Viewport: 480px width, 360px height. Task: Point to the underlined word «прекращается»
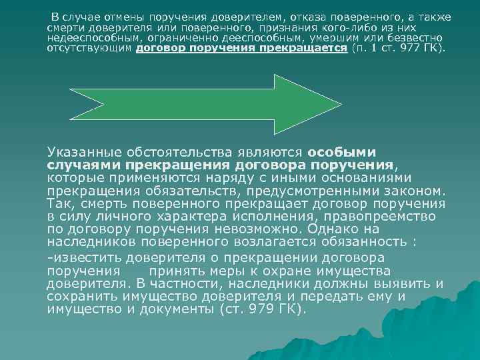click(310, 49)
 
